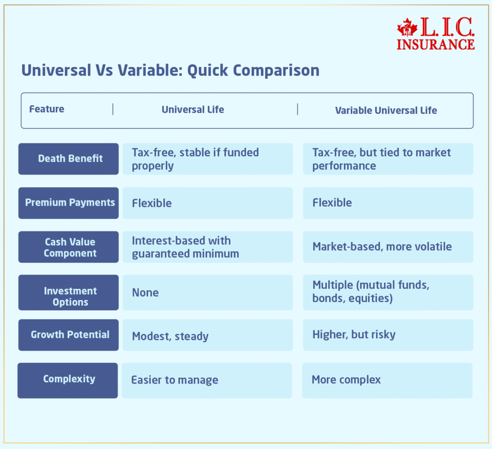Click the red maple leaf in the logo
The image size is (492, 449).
407,27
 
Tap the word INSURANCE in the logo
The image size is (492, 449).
435,44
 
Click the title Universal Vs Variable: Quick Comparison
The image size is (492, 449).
170,70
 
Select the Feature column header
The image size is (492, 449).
47,109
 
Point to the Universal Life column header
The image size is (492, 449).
193,110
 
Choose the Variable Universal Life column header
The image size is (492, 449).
386,111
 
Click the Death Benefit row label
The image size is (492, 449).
69,159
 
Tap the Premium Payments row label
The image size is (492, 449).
69,203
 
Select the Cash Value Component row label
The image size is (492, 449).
69,247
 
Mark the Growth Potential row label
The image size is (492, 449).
69,335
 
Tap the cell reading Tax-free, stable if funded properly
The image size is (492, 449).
208,159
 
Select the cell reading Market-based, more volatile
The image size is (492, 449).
388,247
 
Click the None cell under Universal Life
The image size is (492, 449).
208,292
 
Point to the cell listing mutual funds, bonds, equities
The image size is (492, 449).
388,292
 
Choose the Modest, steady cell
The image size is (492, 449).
208,336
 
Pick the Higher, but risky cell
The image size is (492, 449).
388,335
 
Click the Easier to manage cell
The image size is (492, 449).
207,380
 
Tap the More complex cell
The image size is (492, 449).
387,380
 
